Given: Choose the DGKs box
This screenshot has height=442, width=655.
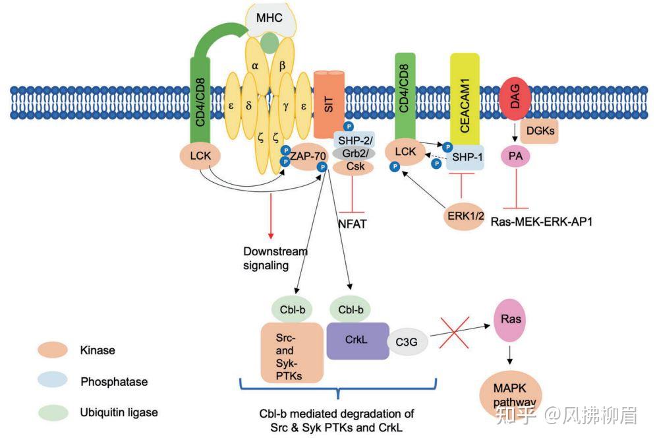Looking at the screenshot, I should pos(540,131).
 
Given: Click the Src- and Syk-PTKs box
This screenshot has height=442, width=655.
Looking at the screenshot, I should pos(291,352).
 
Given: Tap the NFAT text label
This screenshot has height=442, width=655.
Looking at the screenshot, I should pos(352,224).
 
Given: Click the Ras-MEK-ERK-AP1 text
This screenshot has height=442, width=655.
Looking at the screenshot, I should pos(542,222).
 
